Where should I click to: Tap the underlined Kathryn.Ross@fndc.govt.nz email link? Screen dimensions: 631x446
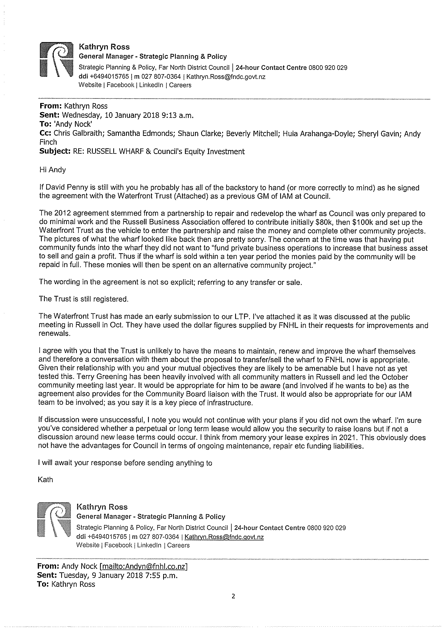click(224, 537)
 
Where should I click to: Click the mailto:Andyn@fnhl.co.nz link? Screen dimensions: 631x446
click(144, 566)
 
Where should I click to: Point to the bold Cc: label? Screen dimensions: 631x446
click(46, 133)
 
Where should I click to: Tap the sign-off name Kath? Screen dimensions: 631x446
click(45, 479)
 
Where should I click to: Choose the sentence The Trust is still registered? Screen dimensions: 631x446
click(84, 299)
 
